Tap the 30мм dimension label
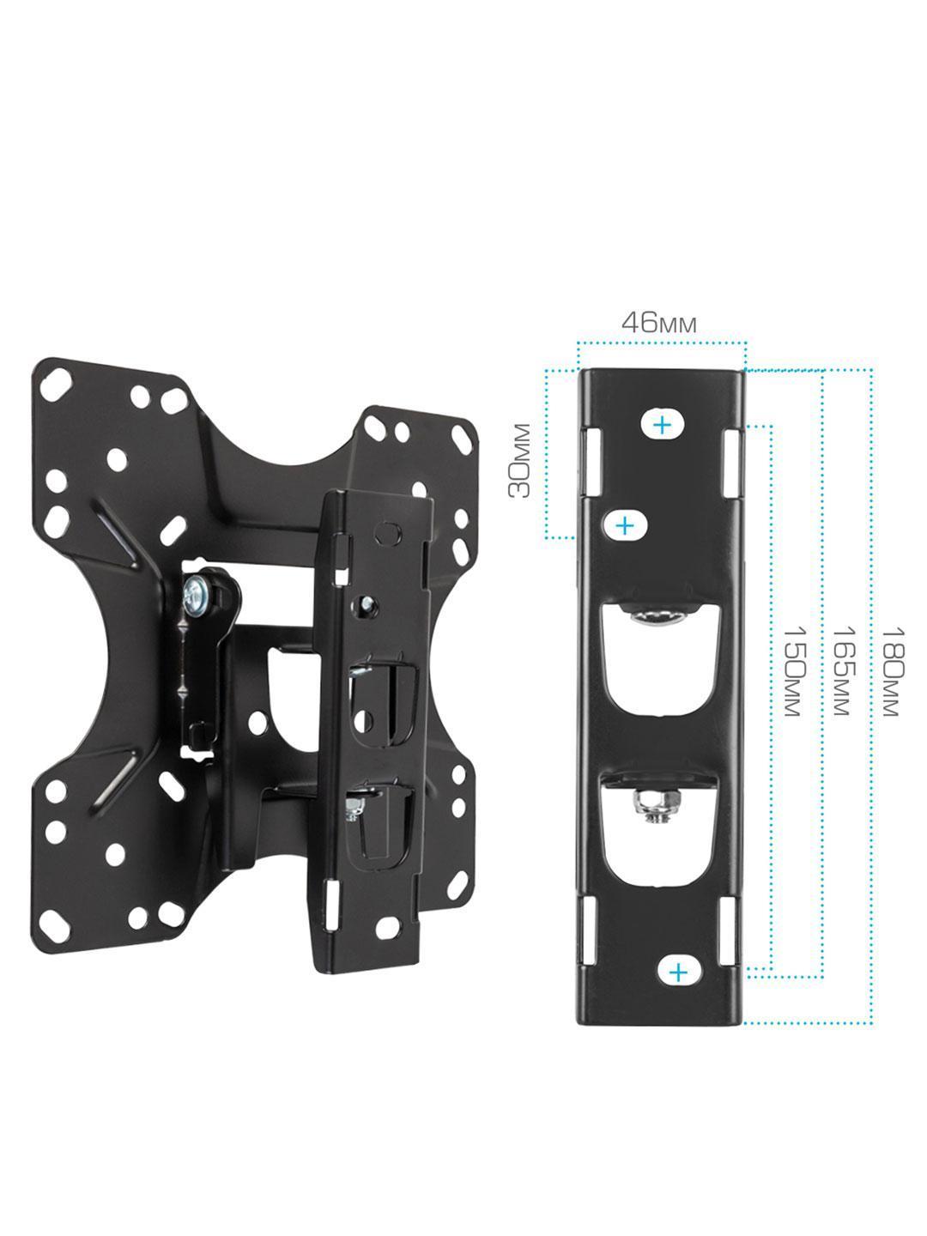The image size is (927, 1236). pos(519,461)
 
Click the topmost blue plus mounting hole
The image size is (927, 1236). pos(663,423)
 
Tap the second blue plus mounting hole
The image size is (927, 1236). pos(625,526)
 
